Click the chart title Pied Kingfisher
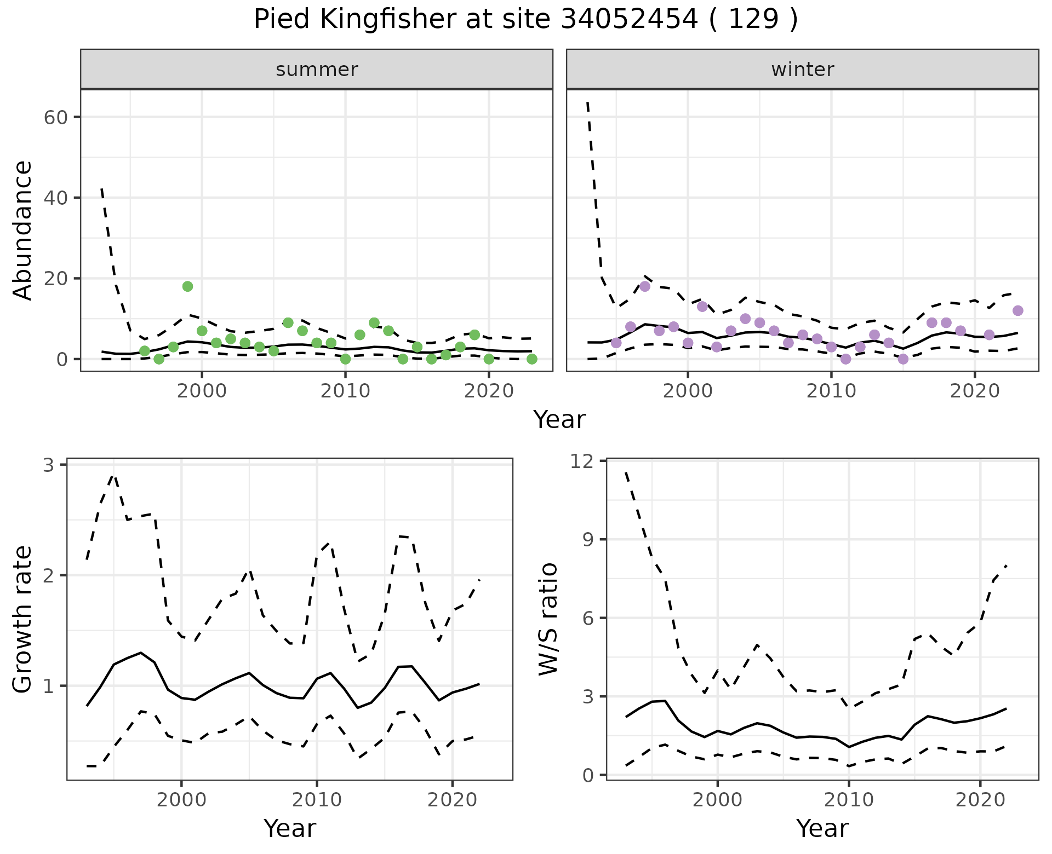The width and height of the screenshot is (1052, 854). (525, 20)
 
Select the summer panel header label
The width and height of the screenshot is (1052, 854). (317, 70)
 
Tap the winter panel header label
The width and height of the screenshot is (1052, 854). (802, 70)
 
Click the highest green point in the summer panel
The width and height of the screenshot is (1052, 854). (187, 286)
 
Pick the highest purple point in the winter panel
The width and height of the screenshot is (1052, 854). (645, 286)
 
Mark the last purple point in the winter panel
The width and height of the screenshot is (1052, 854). (1018, 311)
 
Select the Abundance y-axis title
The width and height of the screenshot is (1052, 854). (23, 230)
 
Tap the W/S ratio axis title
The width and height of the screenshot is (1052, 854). (548, 619)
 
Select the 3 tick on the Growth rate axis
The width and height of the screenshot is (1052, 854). (49, 465)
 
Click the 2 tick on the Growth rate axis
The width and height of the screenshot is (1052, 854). (49, 575)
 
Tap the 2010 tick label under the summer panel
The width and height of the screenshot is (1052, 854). (345, 391)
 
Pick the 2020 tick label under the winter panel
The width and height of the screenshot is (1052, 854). (975, 391)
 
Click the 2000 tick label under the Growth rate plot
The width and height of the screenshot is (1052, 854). (181, 800)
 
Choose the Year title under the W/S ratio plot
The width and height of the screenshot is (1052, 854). (822, 828)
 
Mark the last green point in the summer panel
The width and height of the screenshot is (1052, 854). (531, 359)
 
